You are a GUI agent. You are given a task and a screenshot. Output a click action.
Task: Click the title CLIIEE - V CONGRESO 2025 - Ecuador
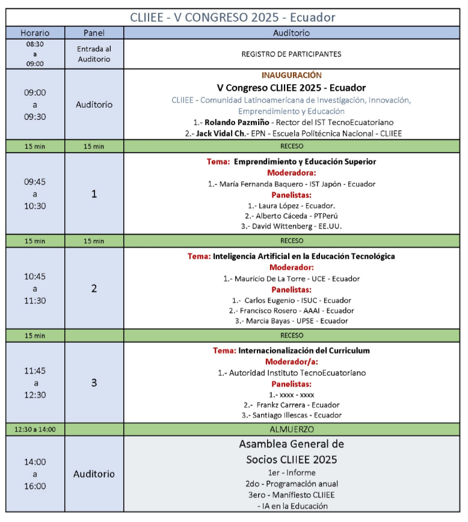(233, 17)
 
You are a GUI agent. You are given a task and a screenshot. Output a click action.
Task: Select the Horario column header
(35, 33)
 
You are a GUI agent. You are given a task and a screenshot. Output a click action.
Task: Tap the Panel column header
(94, 33)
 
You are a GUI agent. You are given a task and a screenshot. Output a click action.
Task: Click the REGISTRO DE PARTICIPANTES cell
(291, 54)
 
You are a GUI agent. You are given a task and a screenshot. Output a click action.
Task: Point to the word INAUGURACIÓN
(291, 75)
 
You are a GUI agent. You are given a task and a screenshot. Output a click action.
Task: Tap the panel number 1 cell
(94, 194)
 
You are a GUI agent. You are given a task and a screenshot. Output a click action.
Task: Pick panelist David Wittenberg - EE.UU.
(291, 226)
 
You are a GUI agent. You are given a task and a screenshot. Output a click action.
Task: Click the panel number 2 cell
(94, 288)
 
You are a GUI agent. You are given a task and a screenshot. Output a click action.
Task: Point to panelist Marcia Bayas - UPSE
(291, 321)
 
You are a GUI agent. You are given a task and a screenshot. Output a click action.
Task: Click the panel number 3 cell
(94, 382)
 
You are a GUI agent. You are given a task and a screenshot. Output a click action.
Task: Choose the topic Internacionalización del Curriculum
(304, 350)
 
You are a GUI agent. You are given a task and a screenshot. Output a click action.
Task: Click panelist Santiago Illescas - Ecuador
(291, 415)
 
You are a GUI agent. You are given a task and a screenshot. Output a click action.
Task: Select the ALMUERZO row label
(291, 429)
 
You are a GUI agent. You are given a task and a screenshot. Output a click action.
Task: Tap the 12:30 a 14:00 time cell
(35, 429)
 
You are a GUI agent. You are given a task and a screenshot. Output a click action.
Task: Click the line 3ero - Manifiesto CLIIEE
(291, 494)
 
